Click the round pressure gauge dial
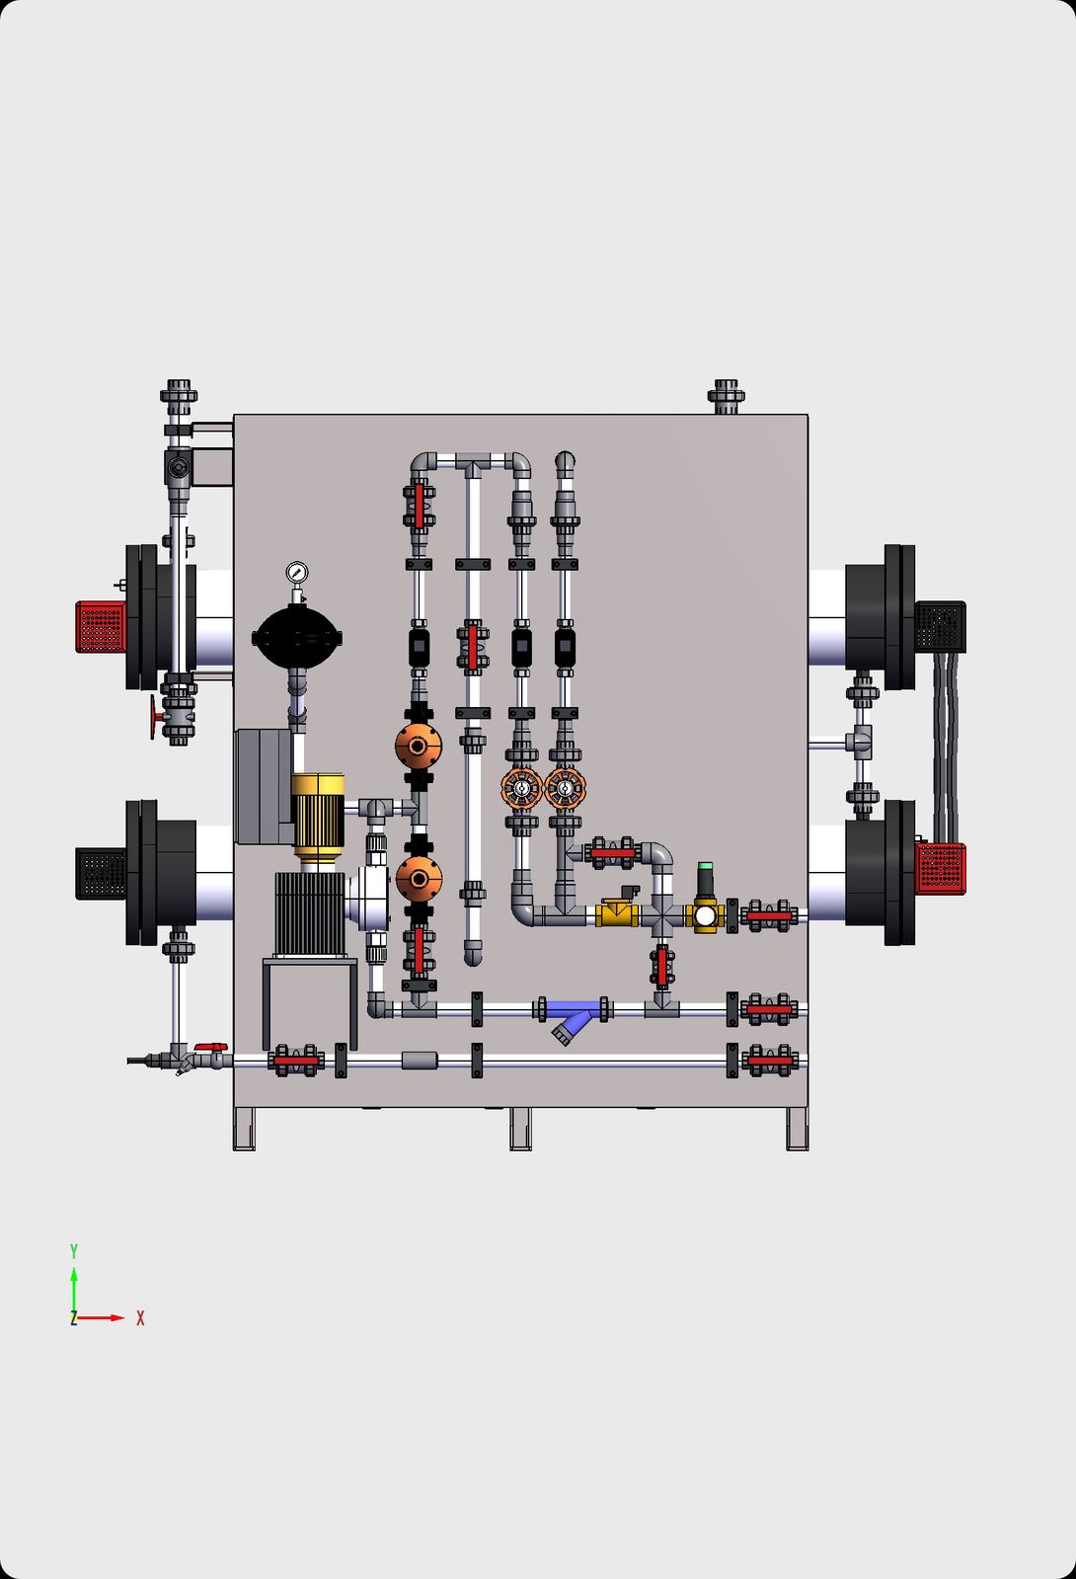pyautogui.click(x=297, y=572)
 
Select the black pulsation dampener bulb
pyautogui.click(x=297, y=637)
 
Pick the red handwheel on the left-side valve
pyautogui.click(x=154, y=717)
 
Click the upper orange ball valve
pyautogui.click(x=419, y=744)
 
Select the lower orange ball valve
pyautogui.click(x=419, y=878)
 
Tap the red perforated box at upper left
pyautogui.click(x=100, y=626)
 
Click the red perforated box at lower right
pyautogui.click(x=940, y=868)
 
